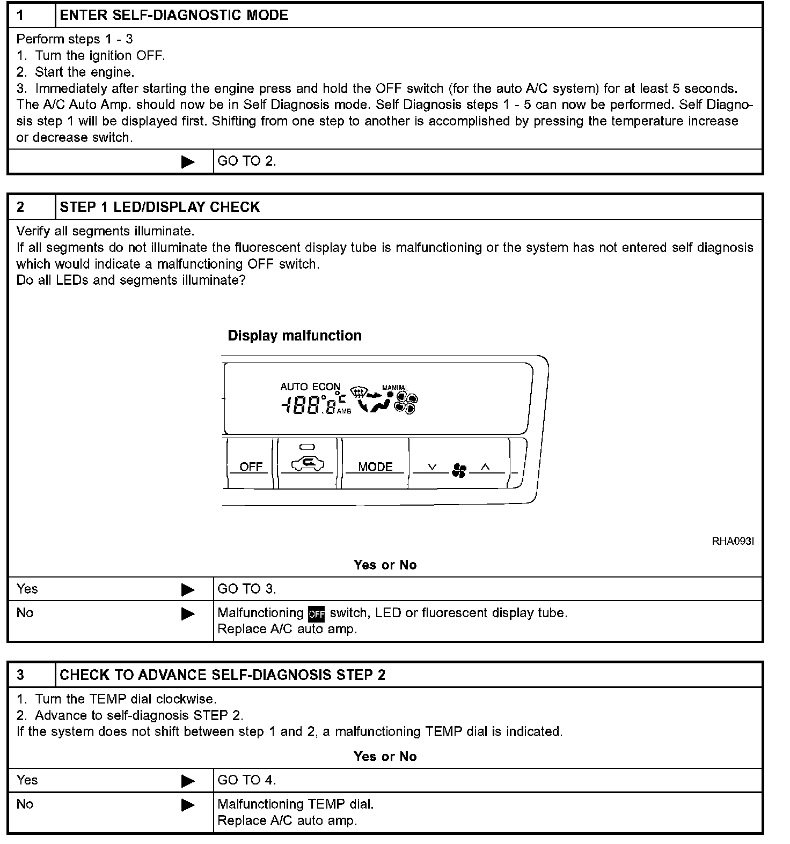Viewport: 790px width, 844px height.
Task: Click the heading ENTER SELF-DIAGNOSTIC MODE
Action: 174,15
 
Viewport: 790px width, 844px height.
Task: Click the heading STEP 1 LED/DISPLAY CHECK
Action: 159,207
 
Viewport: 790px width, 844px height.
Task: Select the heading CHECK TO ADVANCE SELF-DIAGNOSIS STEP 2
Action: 222,675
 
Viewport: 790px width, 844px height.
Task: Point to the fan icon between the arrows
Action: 459,470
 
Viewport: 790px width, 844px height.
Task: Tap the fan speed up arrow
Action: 485,467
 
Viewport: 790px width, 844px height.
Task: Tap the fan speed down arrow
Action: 433,467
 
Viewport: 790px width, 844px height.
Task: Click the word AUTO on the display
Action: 294,386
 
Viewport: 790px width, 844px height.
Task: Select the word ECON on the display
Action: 326,386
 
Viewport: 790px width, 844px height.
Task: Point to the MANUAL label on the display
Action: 395,387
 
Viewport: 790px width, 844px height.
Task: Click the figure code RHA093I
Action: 733,541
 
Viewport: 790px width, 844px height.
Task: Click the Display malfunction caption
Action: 295,336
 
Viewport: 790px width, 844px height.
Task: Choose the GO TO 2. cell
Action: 247,161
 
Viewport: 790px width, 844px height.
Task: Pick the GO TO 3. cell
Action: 247,589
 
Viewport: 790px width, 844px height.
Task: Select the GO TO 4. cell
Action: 247,780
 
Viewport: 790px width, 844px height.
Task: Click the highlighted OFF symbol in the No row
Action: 317,613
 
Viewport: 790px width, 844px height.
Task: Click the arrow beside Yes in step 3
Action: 188,781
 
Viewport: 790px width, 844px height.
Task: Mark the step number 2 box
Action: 20,207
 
